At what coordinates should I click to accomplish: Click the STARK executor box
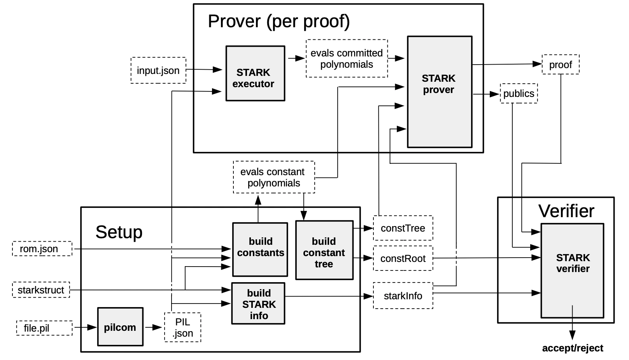point(255,74)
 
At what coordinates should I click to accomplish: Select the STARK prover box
point(439,92)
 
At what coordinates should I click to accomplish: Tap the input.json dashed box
point(158,70)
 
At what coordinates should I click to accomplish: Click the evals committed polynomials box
point(347,58)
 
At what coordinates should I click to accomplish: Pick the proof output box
point(560,65)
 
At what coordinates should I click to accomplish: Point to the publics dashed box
point(519,93)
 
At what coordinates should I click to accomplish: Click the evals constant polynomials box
point(273,177)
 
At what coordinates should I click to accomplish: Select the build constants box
point(260,249)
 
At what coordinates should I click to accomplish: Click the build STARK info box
point(258,304)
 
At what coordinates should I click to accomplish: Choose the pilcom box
point(120,327)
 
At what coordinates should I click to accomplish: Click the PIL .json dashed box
point(182,327)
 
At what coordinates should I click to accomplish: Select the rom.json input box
point(42,249)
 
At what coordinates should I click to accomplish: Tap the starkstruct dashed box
point(41,290)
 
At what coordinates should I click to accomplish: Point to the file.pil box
point(44,328)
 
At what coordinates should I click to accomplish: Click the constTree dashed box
point(403,228)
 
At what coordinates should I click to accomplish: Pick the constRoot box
point(403,258)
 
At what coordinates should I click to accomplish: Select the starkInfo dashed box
point(403,296)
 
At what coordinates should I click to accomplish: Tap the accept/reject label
point(572,348)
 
